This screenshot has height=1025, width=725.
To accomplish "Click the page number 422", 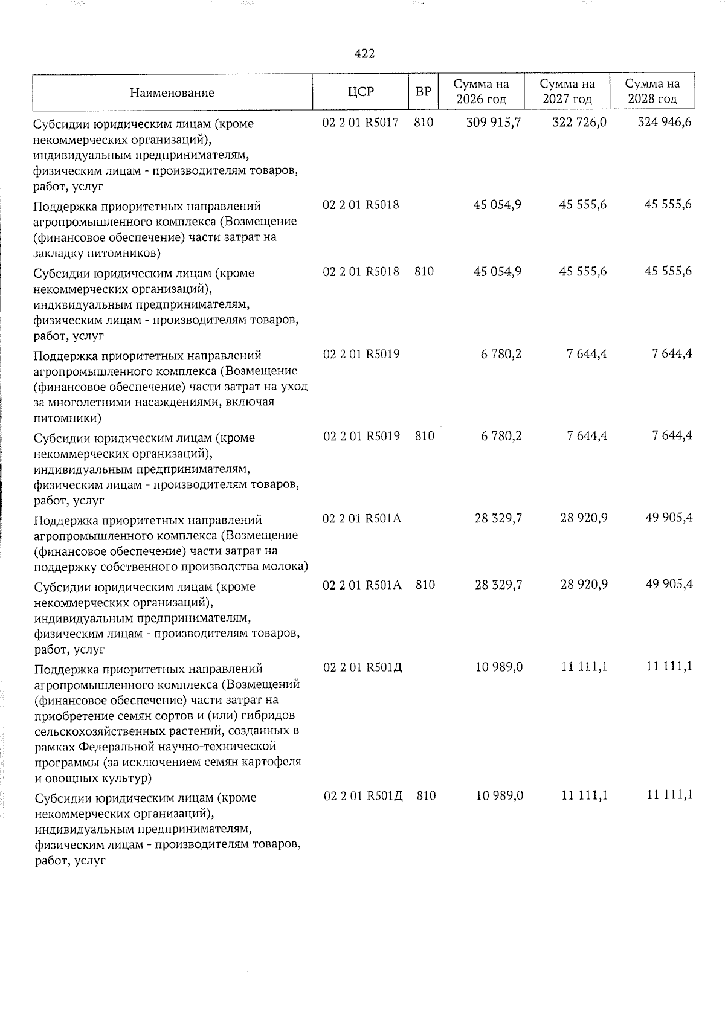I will point(364,54).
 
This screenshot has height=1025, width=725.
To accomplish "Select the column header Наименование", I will point(172,92).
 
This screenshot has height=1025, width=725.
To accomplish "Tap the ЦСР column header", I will point(361,92).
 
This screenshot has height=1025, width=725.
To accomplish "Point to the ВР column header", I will point(424,92).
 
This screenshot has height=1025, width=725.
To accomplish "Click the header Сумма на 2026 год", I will point(481,92).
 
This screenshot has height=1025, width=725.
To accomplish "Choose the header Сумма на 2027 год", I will point(567,92).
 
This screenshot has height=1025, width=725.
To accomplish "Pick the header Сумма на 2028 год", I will point(652,92).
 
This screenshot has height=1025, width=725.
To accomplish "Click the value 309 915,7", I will point(494,123).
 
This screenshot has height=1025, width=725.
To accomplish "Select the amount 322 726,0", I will point(579,123).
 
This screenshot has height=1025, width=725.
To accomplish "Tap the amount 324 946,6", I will point(665,123).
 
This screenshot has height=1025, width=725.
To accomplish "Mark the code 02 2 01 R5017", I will point(361,123).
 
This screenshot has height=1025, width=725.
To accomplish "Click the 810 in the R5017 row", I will point(424,123).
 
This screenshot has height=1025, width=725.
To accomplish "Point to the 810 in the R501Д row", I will point(426,796).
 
